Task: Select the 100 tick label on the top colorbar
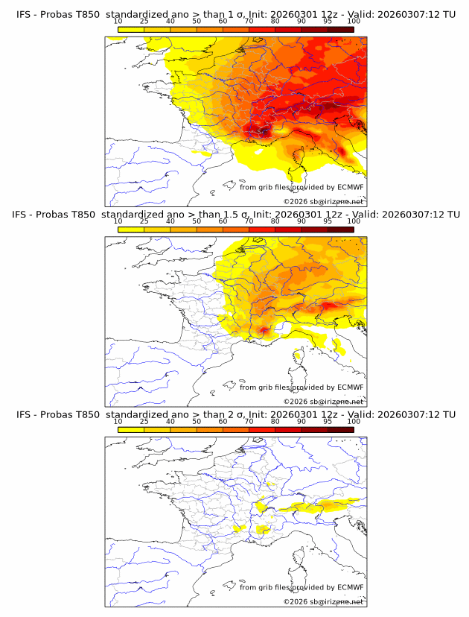pyautogui.click(x=354, y=21)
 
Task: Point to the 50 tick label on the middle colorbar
pyautogui.click(x=197, y=221)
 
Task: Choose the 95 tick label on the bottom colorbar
pyautogui.click(x=328, y=421)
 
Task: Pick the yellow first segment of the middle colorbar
pyautogui.click(x=130, y=229)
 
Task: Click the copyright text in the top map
pyautogui.click(x=323, y=202)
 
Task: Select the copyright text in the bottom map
pyautogui.click(x=323, y=601)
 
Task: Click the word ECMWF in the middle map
pyautogui.click(x=351, y=387)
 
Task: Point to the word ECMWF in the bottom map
pyautogui.click(x=351, y=587)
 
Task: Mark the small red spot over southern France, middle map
pyautogui.click(x=262, y=330)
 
